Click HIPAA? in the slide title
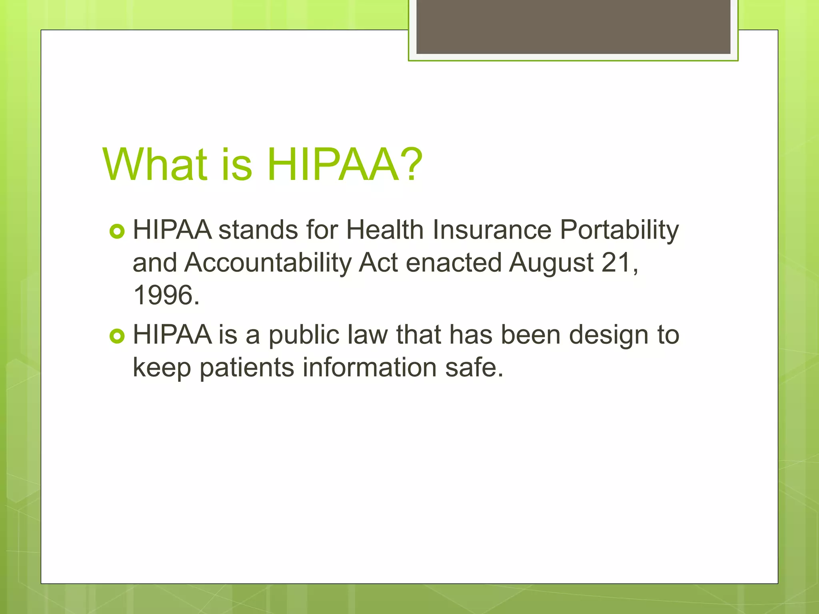(344, 164)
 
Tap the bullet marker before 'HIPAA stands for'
(117, 231)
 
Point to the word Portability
(619, 231)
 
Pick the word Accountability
(268, 263)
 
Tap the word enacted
(453, 263)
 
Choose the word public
(304, 335)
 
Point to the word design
(608, 336)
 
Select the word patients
(247, 368)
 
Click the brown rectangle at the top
(573, 26)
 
